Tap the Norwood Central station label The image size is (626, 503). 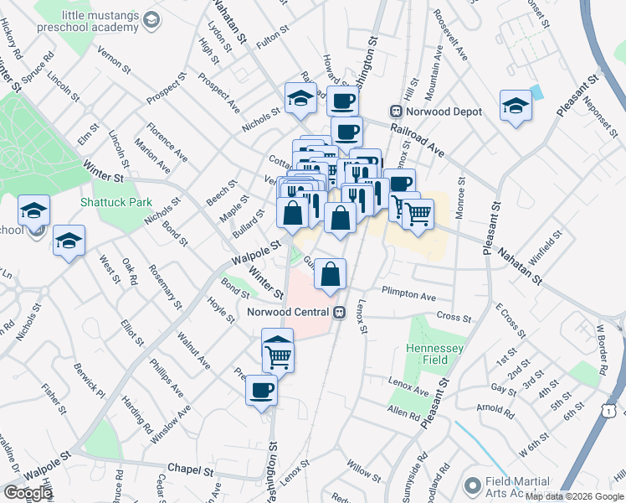click(x=290, y=312)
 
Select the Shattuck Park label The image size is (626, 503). click(x=115, y=201)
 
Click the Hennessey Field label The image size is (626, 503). click(x=434, y=355)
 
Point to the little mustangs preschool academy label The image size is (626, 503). click(x=99, y=21)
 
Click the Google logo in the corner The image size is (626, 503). click(x=28, y=493)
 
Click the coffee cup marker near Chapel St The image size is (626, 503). click(x=262, y=390)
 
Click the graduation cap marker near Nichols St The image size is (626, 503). click(x=299, y=100)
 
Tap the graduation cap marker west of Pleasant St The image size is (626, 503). click(x=515, y=106)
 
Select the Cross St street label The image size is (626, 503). click(x=454, y=317)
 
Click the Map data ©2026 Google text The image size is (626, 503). click(x=574, y=496)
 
